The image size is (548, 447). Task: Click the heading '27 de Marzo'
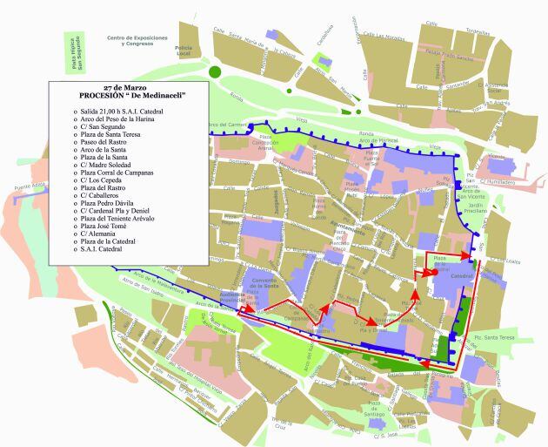coord(123,89)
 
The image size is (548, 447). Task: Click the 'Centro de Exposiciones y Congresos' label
coord(137,41)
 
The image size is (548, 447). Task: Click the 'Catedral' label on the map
coord(461,275)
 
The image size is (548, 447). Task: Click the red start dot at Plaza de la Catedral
coord(429,272)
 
